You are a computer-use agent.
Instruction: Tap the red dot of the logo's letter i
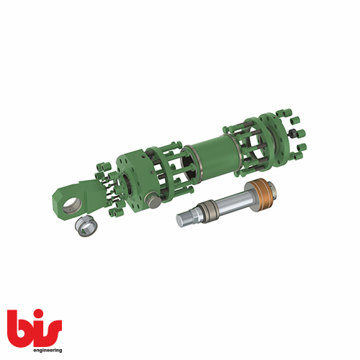coord(37,312)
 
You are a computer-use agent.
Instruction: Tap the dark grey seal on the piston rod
coord(205,210)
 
